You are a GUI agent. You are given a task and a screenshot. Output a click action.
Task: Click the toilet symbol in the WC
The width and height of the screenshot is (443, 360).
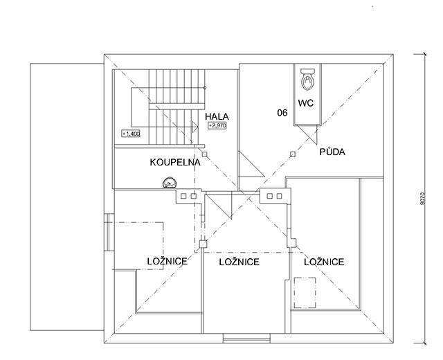(x=307, y=80)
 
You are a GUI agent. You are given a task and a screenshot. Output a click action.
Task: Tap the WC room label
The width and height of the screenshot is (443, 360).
(x=306, y=103)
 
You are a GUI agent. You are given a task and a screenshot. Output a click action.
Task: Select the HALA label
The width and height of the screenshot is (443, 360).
(x=217, y=116)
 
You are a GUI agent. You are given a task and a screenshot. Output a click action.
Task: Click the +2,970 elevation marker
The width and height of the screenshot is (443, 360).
(x=217, y=126)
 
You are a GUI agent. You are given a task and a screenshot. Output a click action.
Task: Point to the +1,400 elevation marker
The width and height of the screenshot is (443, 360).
(x=131, y=134)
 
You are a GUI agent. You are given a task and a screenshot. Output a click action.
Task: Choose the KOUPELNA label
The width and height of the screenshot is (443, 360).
(x=175, y=163)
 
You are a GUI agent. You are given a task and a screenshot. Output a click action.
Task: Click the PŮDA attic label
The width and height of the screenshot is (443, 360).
(x=332, y=152)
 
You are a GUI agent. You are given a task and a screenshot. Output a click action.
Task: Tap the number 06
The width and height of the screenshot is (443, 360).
(x=282, y=113)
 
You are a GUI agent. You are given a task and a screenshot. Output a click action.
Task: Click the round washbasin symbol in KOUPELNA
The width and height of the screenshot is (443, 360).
(x=170, y=183)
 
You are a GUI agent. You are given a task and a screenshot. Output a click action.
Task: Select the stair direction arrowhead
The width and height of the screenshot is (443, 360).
(x=195, y=127)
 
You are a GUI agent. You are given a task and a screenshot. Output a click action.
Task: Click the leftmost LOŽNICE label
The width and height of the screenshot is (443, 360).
(x=168, y=262)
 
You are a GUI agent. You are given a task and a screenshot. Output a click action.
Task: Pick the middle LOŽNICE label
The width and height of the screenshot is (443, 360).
(x=239, y=262)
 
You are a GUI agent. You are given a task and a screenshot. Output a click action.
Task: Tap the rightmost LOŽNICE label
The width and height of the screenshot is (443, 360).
(x=324, y=262)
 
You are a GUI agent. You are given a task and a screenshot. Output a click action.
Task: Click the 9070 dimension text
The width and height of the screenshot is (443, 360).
(x=422, y=199)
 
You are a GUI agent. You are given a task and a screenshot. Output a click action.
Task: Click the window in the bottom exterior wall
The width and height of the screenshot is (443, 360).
(x=246, y=339)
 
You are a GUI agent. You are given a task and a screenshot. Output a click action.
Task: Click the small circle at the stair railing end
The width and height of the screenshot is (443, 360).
(x=205, y=88)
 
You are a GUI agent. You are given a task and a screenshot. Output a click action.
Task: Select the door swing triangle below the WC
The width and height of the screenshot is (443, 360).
(x=307, y=134)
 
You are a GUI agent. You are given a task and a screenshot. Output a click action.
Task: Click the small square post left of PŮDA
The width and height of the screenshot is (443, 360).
(x=293, y=154)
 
